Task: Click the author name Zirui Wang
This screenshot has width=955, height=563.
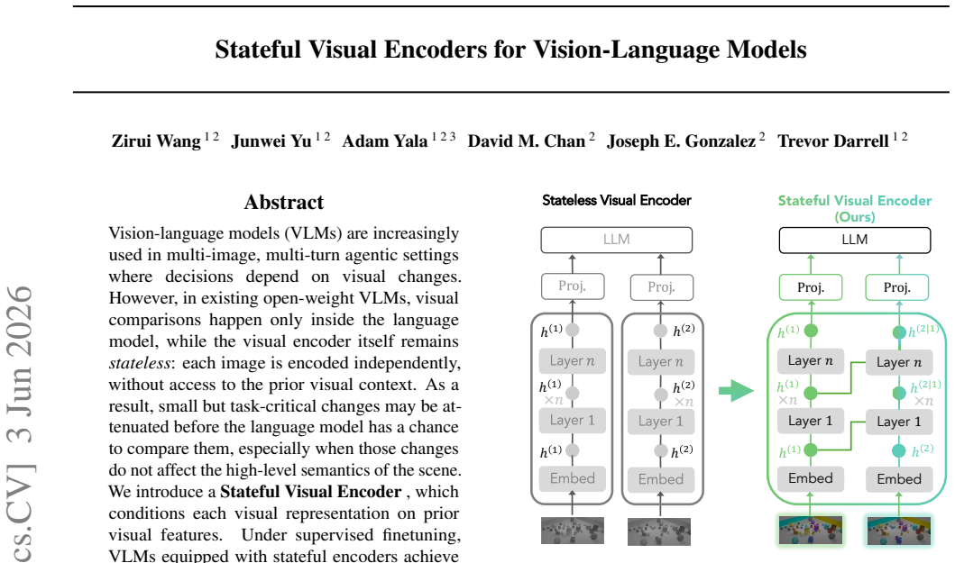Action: point(156,141)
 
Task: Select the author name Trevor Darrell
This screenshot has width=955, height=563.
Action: point(832,141)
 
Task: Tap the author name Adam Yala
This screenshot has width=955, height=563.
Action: point(385,141)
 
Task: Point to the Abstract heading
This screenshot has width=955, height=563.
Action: point(284,202)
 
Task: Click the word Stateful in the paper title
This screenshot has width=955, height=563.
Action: point(258,50)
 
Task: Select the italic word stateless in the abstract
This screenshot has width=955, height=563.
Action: point(140,363)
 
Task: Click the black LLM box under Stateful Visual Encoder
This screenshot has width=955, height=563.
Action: point(855,240)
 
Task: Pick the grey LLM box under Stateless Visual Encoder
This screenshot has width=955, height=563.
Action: point(616,240)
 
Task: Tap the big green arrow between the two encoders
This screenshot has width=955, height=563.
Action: point(737,391)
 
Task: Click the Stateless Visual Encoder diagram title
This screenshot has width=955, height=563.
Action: point(616,200)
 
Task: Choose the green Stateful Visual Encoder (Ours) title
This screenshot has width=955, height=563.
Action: point(855,208)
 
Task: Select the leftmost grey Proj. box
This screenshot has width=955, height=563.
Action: point(573,286)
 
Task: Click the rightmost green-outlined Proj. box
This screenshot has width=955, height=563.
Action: point(897,287)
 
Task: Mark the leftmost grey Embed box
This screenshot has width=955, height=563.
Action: point(573,478)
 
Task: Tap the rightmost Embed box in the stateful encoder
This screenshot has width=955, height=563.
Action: point(899,479)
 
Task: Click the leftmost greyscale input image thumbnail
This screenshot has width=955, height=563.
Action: point(573,531)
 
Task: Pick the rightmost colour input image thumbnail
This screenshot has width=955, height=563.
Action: point(899,531)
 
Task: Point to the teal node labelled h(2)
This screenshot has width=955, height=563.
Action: point(899,451)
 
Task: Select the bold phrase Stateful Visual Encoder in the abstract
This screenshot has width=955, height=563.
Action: point(310,492)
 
